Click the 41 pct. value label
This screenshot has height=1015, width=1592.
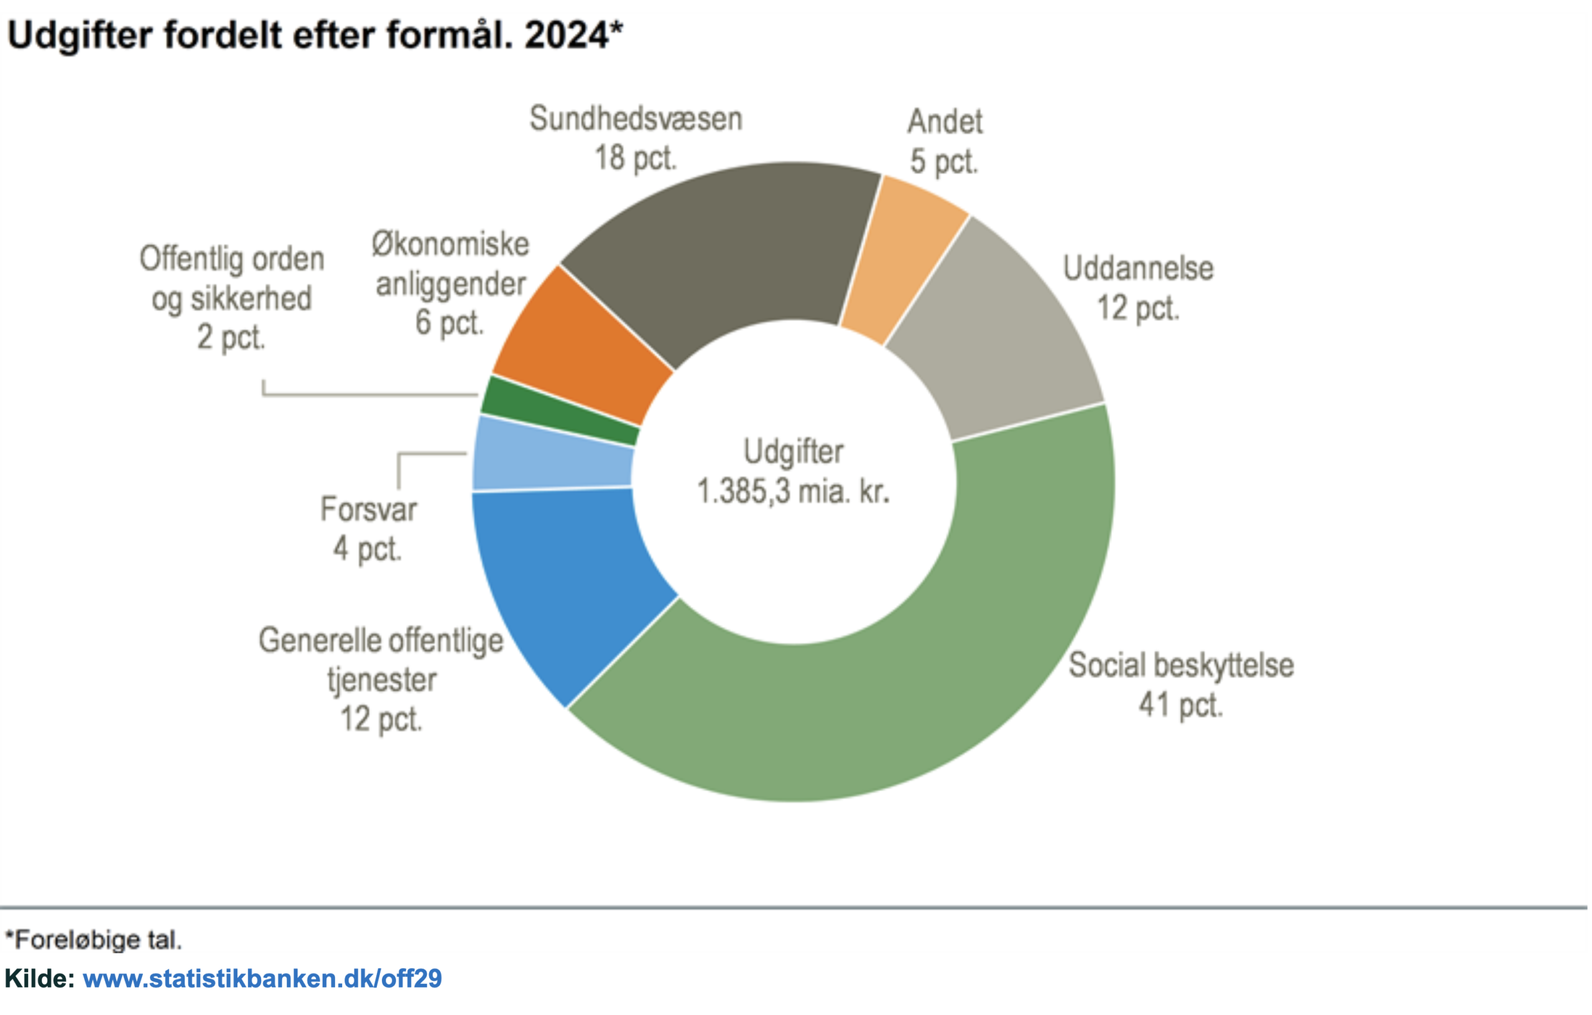pyautogui.click(x=1181, y=705)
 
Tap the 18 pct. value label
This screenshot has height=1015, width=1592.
pyautogui.click(x=636, y=158)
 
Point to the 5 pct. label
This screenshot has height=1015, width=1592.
pyautogui.click(x=943, y=162)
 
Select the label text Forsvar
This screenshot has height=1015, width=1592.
pyautogui.click(x=368, y=510)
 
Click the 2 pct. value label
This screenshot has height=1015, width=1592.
pyautogui.click(x=231, y=338)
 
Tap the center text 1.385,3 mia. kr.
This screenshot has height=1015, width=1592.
pyautogui.click(x=794, y=492)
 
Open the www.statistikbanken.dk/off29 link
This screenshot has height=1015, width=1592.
pyautogui.click(x=262, y=979)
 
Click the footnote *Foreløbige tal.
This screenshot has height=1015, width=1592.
pyautogui.click(x=93, y=939)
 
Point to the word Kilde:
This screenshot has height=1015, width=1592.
pyautogui.click(x=40, y=979)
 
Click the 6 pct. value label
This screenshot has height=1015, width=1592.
pyautogui.click(x=450, y=323)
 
